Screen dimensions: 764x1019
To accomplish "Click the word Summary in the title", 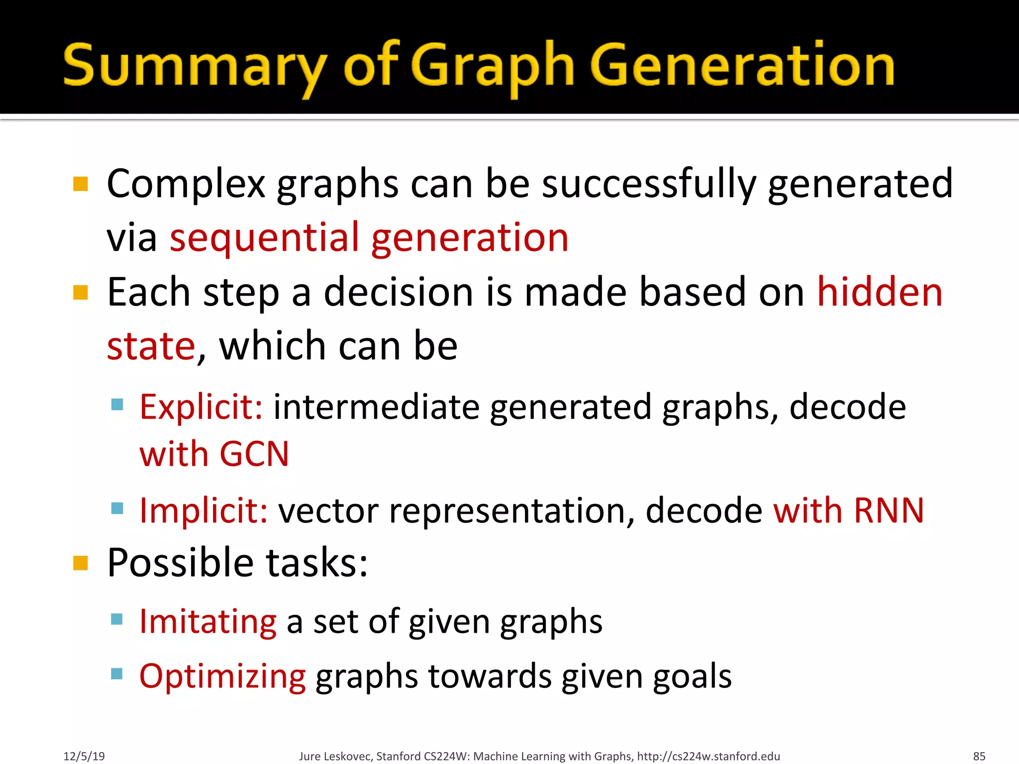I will [x=194, y=67].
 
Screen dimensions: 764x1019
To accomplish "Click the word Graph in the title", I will [x=493, y=67].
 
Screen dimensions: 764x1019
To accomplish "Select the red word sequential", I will [x=264, y=238].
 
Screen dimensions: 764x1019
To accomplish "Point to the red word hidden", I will [x=880, y=292].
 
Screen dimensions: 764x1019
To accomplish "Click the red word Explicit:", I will [x=201, y=407].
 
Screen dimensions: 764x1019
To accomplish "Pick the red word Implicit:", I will [x=204, y=510].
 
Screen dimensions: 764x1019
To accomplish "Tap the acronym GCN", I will [x=254, y=454].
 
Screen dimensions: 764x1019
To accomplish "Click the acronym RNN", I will [x=889, y=510].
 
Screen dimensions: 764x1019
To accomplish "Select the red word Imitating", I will [x=207, y=621].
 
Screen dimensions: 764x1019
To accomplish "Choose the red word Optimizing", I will [x=222, y=676].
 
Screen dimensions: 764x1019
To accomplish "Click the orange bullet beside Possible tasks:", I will [x=81, y=563].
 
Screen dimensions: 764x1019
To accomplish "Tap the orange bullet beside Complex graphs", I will [x=81, y=184].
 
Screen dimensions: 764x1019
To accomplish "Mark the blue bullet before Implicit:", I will [x=117, y=508].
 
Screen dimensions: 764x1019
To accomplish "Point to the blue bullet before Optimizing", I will [x=117, y=674].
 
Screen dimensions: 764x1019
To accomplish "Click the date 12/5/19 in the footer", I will [x=84, y=756].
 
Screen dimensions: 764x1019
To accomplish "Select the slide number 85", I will [x=979, y=756].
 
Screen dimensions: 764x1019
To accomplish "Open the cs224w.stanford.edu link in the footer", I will [x=709, y=756].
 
